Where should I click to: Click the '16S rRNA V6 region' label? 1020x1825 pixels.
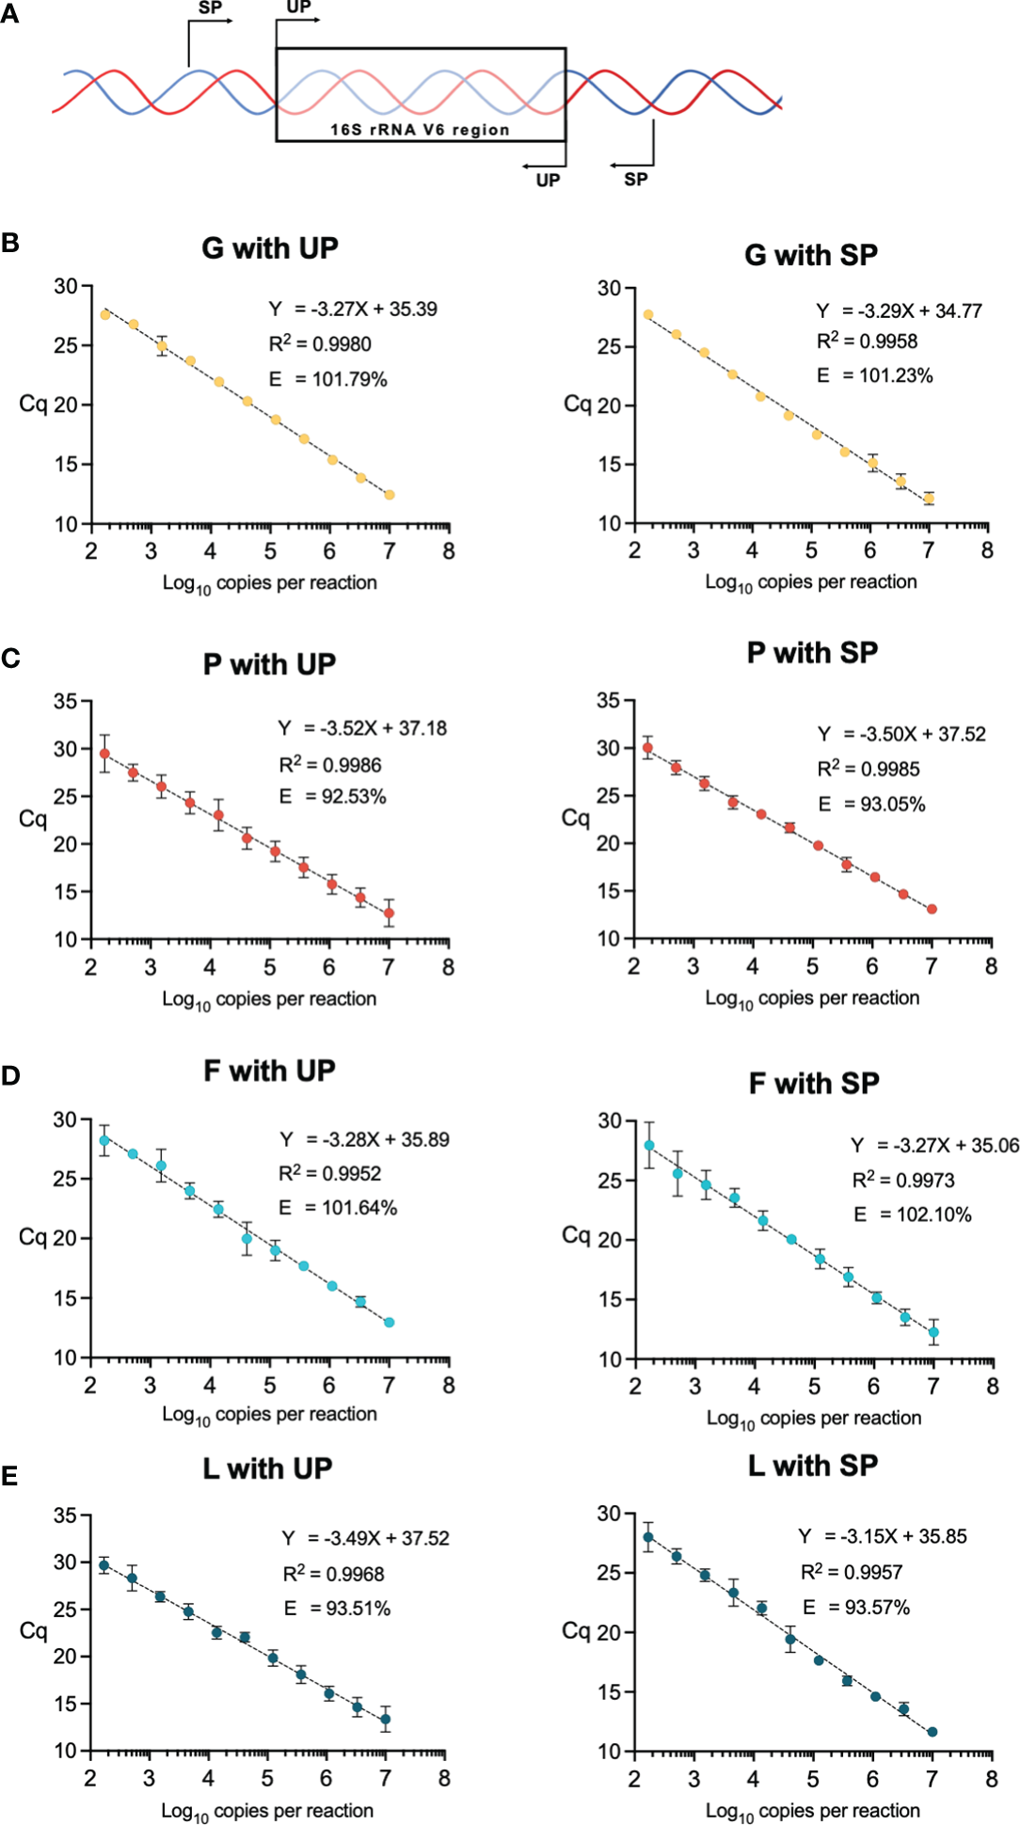coord(420,130)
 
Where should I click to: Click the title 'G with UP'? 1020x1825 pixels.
coord(269,248)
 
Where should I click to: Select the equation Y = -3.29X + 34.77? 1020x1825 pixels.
coord(899,311)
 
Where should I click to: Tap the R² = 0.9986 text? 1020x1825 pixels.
coord(330,765)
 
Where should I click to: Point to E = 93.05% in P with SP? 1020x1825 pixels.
coord(871,804)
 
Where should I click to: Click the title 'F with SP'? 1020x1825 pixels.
coord(814,1084)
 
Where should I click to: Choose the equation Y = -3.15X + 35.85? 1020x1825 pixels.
coord(883,1536)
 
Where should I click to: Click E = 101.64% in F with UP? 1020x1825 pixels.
coord(338,1208)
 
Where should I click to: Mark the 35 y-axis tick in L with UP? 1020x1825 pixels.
coord(65,1516)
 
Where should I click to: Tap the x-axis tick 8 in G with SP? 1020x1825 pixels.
coord(987,551)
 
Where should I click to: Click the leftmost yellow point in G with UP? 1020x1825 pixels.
coord(105,314)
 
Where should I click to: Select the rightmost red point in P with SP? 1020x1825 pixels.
coord(932,910)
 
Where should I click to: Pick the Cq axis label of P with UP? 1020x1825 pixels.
coord(33,819)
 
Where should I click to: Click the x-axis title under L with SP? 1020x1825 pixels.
coord(813,1811)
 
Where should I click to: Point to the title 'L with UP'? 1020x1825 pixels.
coord(267,1468)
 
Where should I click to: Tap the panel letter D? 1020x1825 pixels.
coord(10,1075)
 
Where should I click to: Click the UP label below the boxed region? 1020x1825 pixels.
coord(548,180)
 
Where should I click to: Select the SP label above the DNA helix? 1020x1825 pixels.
coord(210,8)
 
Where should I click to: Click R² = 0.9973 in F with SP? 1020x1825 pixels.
coord(903,1180)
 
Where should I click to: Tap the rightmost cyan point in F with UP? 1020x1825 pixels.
coord(389,1322)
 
